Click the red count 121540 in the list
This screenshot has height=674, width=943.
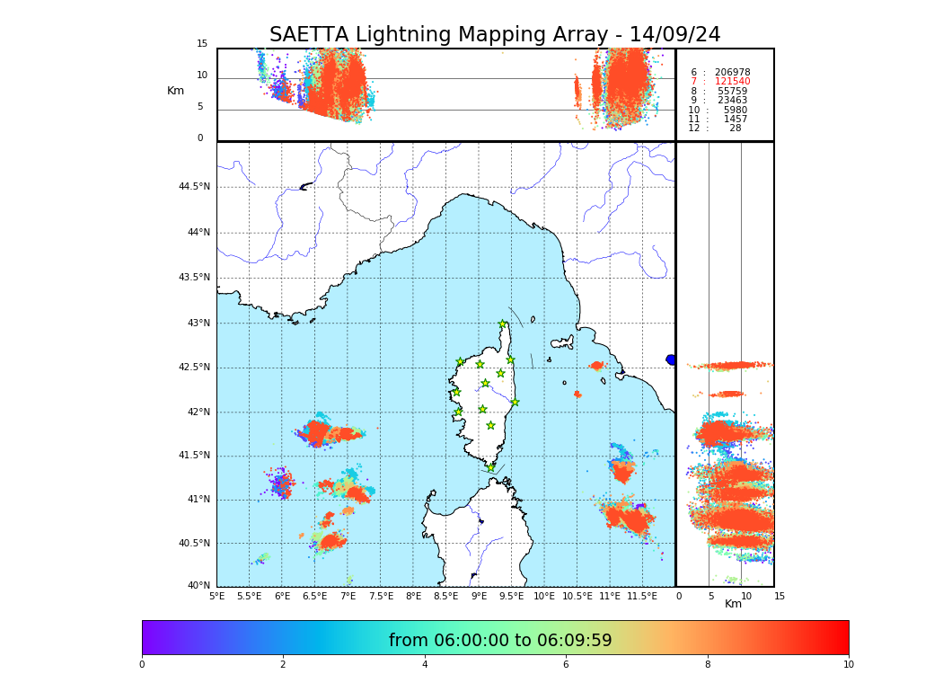pos(732,82)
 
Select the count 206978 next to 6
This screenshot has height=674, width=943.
pos(732,72)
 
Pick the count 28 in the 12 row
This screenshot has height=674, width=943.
pos(735,129)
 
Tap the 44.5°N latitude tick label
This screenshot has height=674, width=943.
pos(194,187)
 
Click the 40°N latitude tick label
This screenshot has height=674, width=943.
pos(198,586)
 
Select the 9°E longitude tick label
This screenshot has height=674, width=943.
pos(480,596)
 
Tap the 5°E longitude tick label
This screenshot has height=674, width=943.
pos(216,596)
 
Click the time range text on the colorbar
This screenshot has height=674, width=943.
pos(499,641)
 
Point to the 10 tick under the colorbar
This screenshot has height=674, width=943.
pos(848,665)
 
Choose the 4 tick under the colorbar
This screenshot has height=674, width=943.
pos(425,665)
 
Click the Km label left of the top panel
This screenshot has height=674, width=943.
pos(175,91)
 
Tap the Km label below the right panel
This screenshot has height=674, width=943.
pos(733,604)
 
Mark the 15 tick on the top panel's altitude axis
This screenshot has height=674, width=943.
pos(202,44)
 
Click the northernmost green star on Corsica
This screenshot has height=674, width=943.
pos(503,324)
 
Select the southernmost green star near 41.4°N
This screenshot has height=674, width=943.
pos(490,467)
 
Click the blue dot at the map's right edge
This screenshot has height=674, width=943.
pos(671,359)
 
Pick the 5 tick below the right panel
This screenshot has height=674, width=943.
pos(710,596)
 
